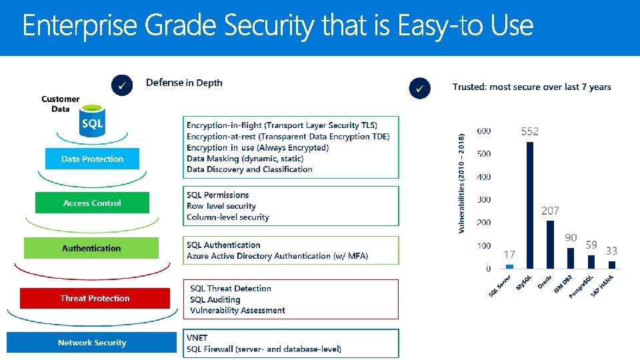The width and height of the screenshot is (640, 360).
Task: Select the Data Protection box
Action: point(92,159)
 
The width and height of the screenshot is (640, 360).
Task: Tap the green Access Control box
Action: point(92,203)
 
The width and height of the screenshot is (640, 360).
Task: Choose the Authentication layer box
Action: point(91,248)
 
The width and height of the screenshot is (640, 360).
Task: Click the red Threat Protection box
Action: point(95,298)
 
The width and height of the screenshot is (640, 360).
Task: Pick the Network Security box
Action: point(91,343)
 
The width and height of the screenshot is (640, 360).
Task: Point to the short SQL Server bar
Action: point(509,266)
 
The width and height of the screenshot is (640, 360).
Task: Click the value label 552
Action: point(529,132)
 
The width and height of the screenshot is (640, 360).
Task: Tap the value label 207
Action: point(550,211)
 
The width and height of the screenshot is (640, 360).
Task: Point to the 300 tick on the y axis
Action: point(484,199)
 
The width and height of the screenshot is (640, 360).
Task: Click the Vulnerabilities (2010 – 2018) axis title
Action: point(462,181)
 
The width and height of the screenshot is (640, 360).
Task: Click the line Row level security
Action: point(221,206)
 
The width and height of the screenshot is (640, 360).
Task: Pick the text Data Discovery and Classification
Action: point(249,169)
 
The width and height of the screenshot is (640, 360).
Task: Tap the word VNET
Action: point(197,337)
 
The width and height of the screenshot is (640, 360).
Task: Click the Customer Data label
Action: point(60,104)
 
